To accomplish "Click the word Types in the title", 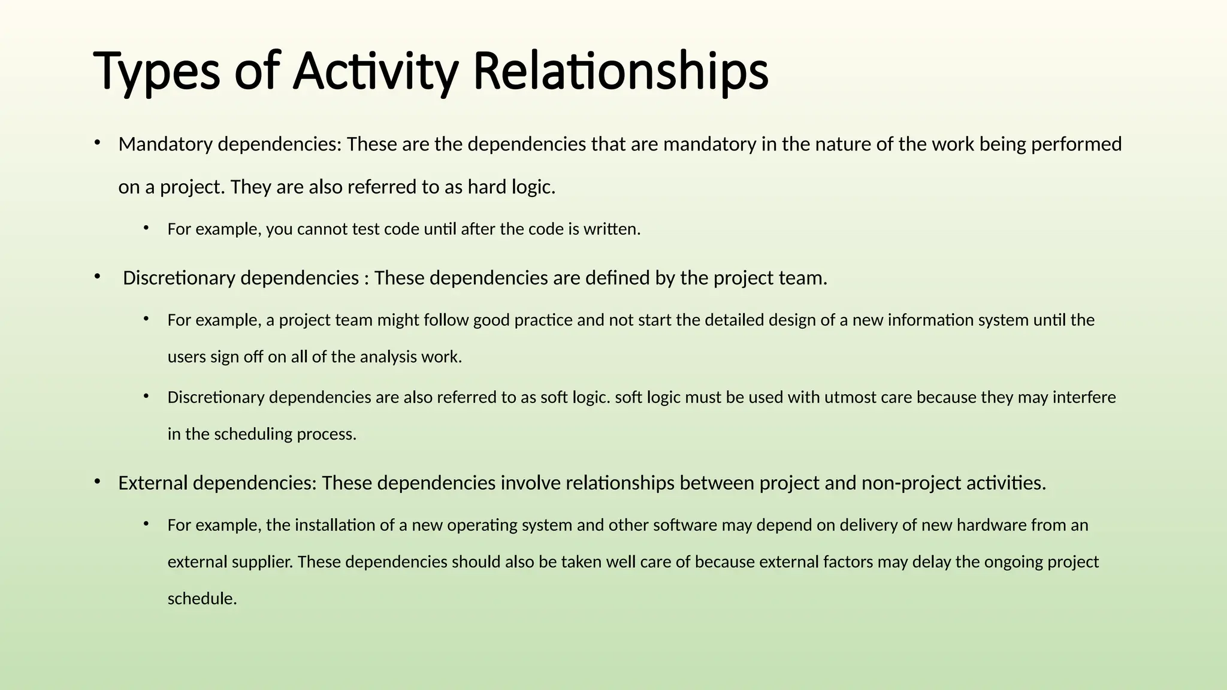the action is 158,71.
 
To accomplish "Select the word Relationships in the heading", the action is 621,71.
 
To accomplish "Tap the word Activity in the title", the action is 376,71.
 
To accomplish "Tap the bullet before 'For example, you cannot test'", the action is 146,227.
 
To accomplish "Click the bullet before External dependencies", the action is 96,481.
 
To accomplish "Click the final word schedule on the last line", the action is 203,598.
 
